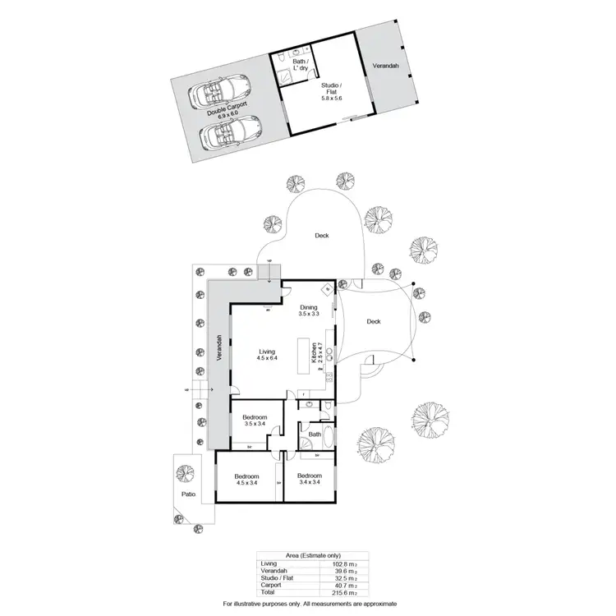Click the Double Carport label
tap(227, 110)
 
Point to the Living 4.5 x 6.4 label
tap(267, 355)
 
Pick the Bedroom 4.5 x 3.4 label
tap(246, 480)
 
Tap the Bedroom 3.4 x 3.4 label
tap(309, 480)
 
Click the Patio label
tap(187, 495)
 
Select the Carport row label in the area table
tap(272, 584)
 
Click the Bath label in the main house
tap(314, 434)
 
